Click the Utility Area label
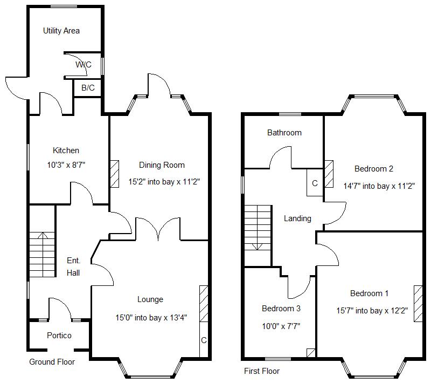click(x=61, y=31)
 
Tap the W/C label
click(x=84, y=65)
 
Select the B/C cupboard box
click(x=87, y=88)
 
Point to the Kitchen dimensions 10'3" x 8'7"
click(x=66, y=165)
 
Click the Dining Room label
click(x=162, y=165)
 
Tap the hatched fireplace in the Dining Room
click(x=114, y=174)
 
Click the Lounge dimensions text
click(x=151, y=318)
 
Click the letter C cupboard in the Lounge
click(x=204, y=340)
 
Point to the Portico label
click(x=59, y=336)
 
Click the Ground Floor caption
click(x=52, y=362)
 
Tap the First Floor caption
click(x=262, y=371)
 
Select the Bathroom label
click(x=284, y=133)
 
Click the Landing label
click(x=297, y=218)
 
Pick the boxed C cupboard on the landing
click(x=315, y=183)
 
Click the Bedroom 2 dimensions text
click(x=379, y=186)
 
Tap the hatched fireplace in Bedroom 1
click(x=418, y=304)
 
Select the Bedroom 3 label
click(x=281, y=309)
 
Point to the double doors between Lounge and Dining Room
click(x=158, y=229)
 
